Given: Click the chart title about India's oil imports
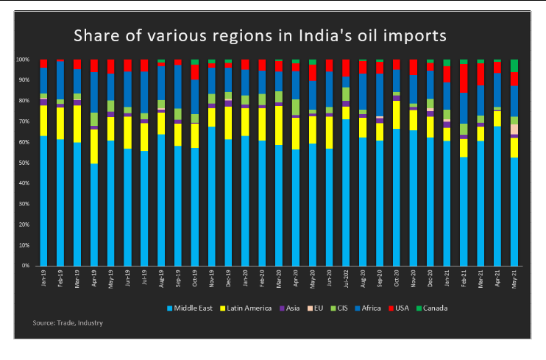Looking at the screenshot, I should coord(258,35).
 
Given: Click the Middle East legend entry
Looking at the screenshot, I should coord(194,308).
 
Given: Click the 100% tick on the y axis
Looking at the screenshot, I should coord(23,60).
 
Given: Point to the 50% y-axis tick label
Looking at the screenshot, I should coord(24,162).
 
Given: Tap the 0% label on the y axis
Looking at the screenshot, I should coord(26,265).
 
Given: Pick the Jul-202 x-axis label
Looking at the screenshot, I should coord(346,280).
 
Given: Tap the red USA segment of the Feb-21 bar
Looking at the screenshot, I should coord(464,78).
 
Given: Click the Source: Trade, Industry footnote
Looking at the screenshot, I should coord(67,322).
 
